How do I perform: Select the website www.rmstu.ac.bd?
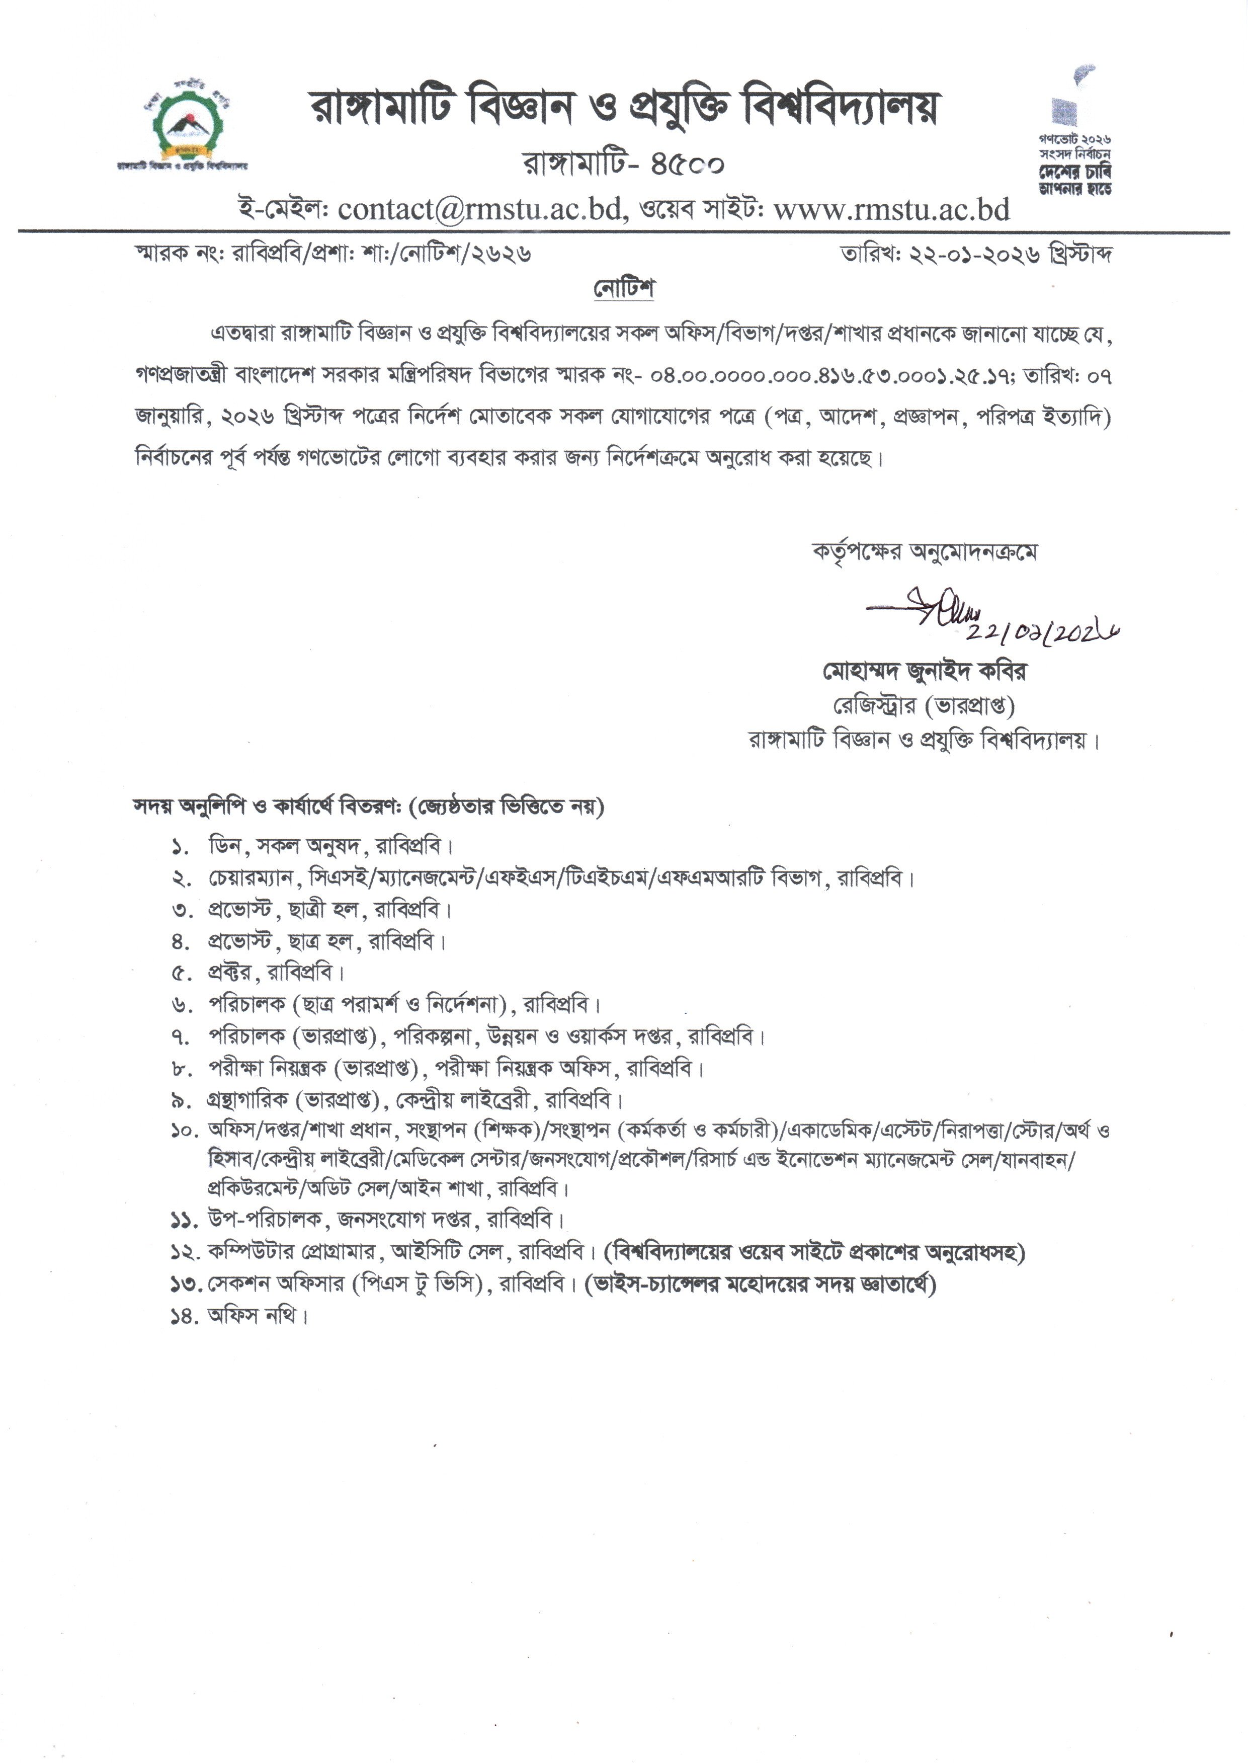[x=891, y=209]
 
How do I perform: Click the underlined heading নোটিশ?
[x=623, y=289]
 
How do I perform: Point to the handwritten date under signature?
[x=1041, y=632]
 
